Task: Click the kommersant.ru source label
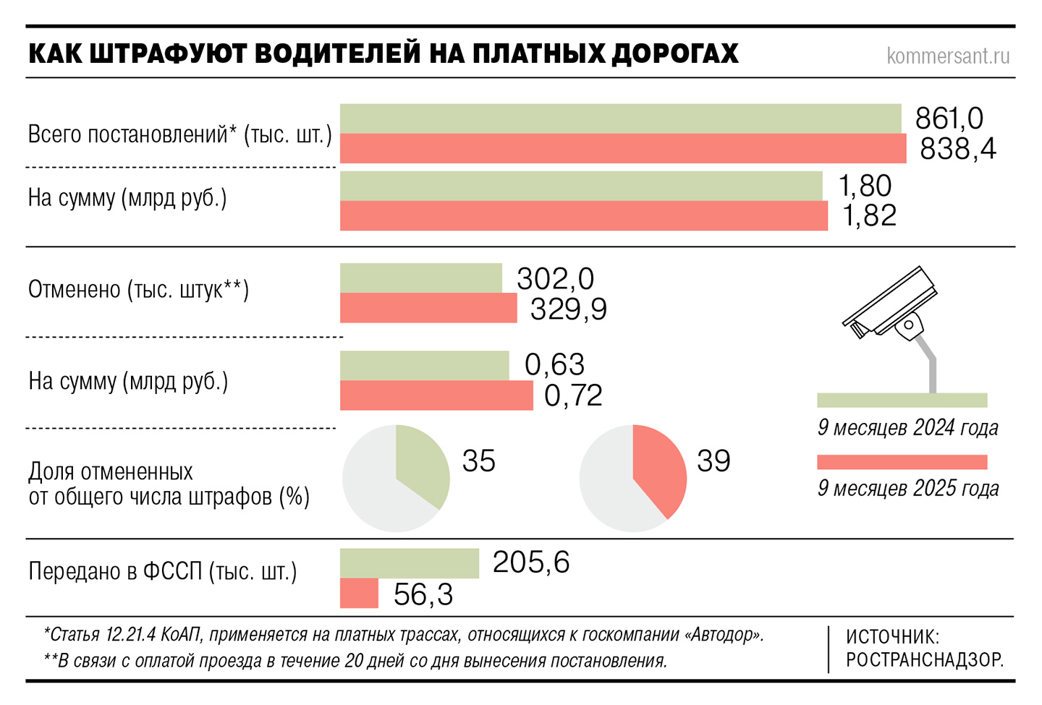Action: (x=947, y=56)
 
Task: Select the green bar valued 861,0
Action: (x=620, y=119)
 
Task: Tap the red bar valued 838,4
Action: (x=622, y=148)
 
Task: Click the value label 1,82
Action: (x=869, y=215)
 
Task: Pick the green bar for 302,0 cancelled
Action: (x=420, y=278)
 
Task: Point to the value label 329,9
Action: (x=568, y=309)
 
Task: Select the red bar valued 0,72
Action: (x=436, y=396)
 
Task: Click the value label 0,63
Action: (x=554, y=364)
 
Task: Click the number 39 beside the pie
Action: (x=713, y=461)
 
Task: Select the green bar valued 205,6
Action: (x=409, y=563)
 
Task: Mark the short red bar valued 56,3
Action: (x=359, y=594)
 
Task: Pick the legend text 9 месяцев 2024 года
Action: (x=907, y=428)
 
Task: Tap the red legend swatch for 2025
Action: (x=902, y=462)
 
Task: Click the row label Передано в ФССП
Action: (x=163, y=571)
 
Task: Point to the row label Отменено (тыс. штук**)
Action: (x=138, y=290)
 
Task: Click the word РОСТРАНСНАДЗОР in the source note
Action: (x=924, y=659)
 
